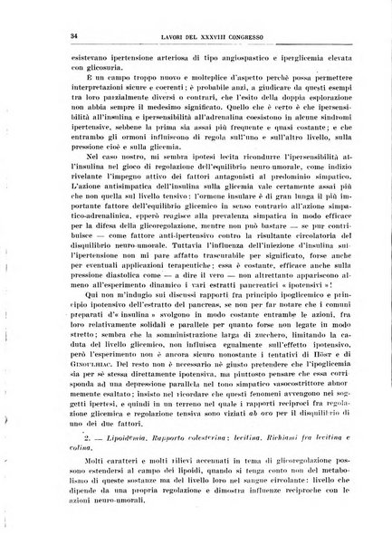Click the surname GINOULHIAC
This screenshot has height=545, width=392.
click(x=74, y=372)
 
